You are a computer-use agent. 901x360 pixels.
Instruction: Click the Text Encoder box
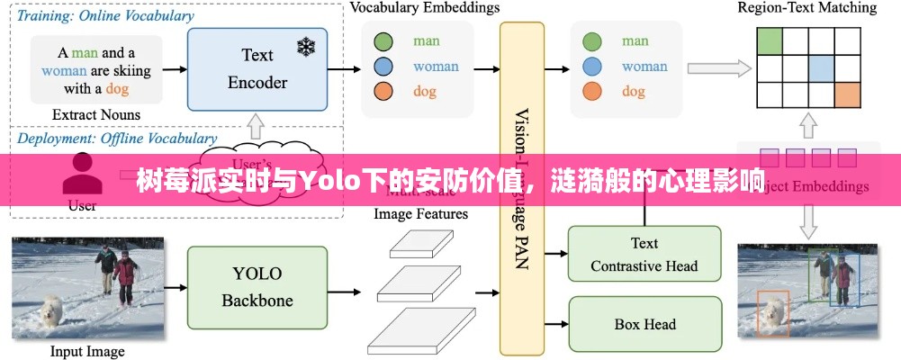[257, 69]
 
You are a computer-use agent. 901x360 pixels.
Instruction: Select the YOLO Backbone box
[257, 287]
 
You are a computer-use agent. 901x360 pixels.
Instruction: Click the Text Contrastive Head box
[644, 255]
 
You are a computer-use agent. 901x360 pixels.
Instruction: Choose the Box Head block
[644, 324]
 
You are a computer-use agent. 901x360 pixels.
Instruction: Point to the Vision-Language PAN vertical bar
[522, 189]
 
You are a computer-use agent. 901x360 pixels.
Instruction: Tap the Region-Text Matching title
[806, 8]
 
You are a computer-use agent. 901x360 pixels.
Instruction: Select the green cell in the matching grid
[770, 40]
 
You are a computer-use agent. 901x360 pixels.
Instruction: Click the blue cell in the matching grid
[821, 67]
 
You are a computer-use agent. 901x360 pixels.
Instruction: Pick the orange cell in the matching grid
[847, 94]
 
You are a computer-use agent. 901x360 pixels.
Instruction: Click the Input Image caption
[87, 351]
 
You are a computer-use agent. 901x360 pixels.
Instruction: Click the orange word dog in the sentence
[117, 88]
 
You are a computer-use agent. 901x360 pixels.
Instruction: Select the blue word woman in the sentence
[64, 70]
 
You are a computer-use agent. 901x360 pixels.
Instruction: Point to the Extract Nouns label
[96, 114]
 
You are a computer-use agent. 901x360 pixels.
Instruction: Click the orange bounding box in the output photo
[772, 311]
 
